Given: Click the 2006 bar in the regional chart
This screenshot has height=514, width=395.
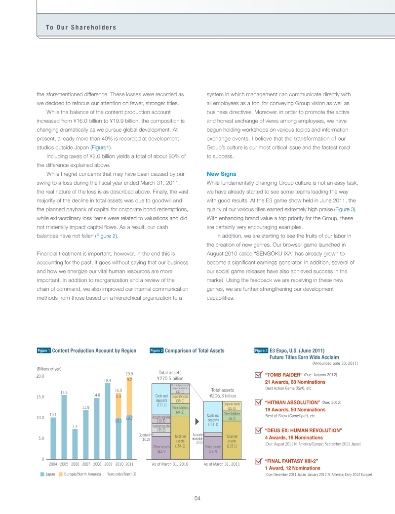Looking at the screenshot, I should click(x=75, y=444).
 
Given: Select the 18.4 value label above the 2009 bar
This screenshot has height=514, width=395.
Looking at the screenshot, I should click(x=107, y=380).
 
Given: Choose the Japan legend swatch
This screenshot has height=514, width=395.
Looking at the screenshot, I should click(x=42, y=474).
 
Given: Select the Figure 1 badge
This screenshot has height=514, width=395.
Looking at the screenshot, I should click(x=44, y=351).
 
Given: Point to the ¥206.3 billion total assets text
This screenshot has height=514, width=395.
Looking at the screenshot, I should click(x=223, y=395).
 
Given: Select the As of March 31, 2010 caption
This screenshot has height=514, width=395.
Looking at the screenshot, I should click(x=170, y=464).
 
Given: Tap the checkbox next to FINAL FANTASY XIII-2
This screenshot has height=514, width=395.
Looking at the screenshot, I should click(x=258, y=461).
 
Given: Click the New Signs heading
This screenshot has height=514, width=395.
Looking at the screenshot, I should click(x=221, y=174).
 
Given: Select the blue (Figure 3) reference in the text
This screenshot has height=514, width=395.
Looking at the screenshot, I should click(x=345, y=210).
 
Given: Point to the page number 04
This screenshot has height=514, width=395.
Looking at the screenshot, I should click(x=197, y=498).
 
